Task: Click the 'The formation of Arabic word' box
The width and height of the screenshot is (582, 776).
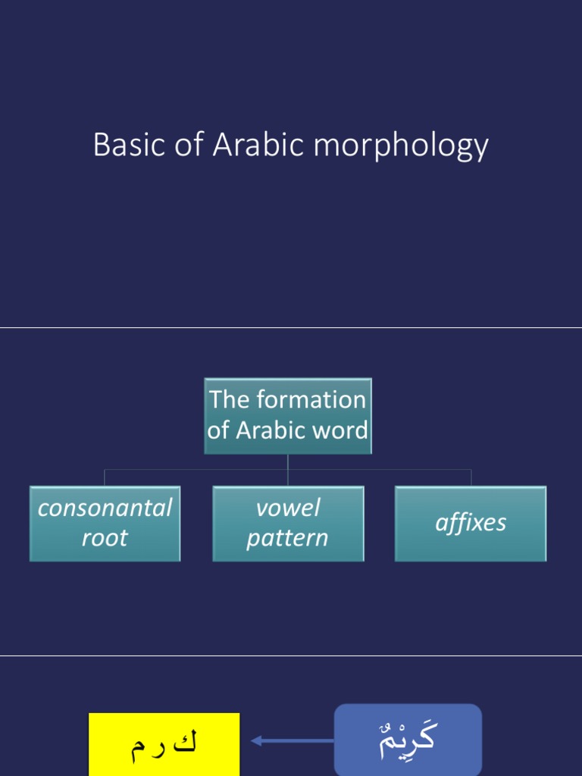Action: [288, 415]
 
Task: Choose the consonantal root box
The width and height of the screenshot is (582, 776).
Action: [105, 523]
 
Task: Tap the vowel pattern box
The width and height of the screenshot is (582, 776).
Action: [288, 523]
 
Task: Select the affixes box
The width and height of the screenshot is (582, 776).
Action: [471, 523]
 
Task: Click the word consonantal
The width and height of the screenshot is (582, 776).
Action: [105, 508]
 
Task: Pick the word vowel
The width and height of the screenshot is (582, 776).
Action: [288, 508]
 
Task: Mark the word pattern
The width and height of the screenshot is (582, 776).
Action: [288, 539]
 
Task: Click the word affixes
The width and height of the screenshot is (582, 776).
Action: [471, 523]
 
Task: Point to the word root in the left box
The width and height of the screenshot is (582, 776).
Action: [105, 539]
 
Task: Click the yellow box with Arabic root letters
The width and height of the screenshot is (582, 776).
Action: [164, 743]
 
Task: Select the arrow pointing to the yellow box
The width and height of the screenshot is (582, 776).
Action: [291, 740]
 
